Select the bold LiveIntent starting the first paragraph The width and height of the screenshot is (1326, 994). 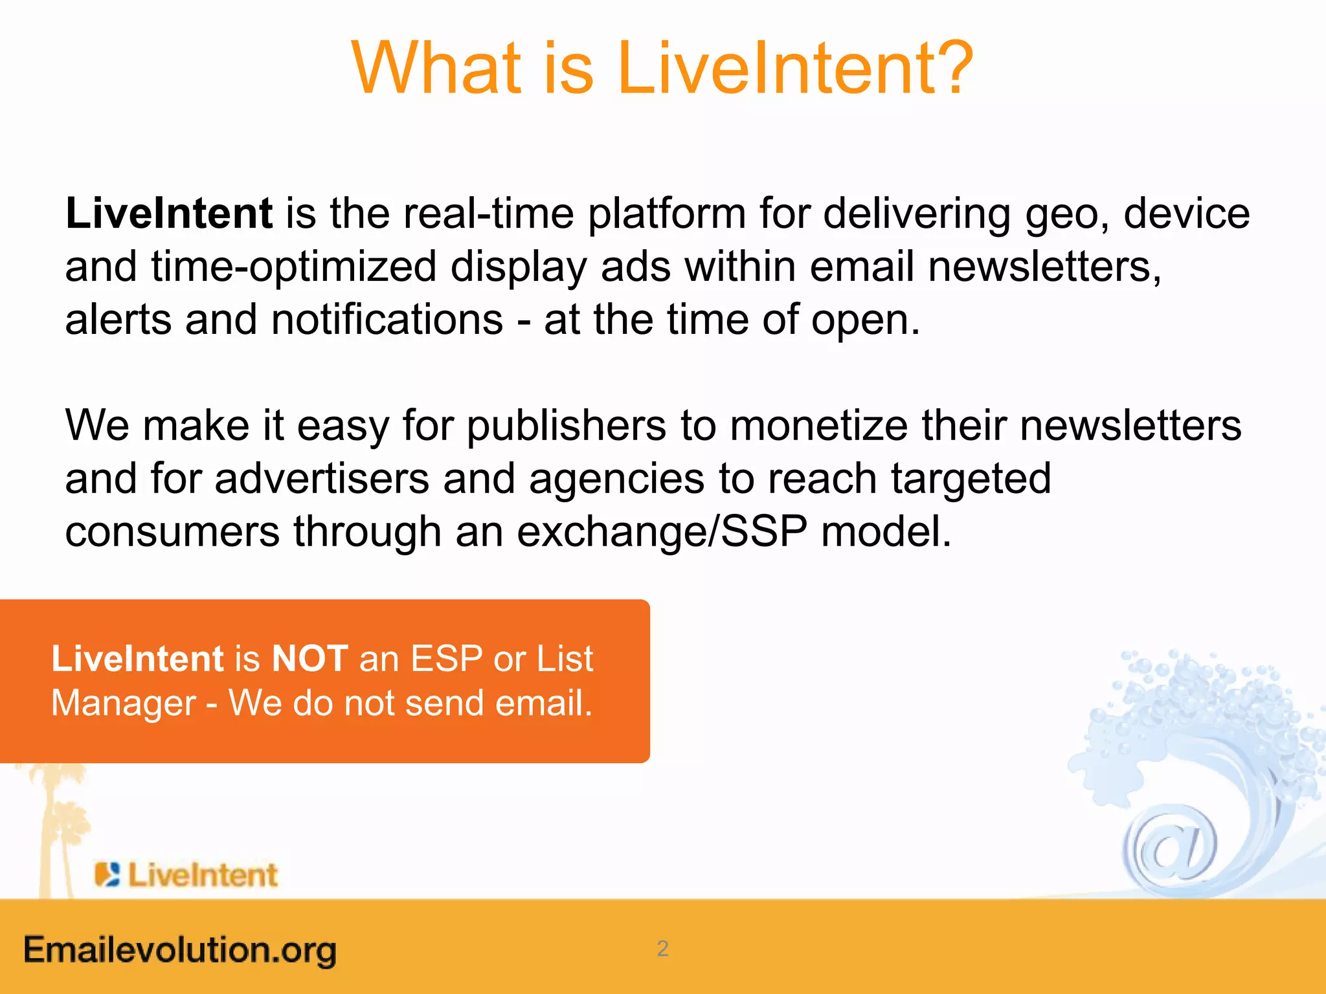(x=169, y=214)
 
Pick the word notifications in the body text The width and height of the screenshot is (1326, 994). (x=387, y=320)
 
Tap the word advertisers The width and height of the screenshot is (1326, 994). (x=322, y=479)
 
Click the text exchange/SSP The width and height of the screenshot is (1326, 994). (x=662, y=532)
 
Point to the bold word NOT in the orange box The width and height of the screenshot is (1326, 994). (x=309, y=659)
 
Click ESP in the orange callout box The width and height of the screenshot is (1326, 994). (x=447, y=659)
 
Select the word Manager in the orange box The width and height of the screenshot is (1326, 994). (x=123, y=703)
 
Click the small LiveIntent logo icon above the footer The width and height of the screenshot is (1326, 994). (x=107, y=874)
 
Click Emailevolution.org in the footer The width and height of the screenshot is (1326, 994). (x=180, y=950)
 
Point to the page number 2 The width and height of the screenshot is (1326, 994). (x=662, y=949)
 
